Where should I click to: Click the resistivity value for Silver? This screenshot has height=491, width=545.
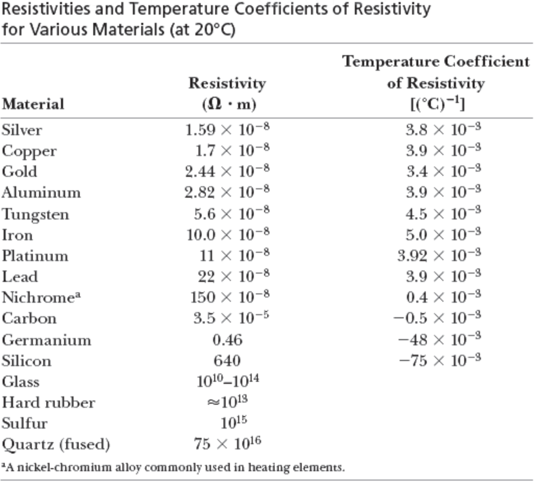(x=227, y=129)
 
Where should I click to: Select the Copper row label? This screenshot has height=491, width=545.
(x=29, y=151)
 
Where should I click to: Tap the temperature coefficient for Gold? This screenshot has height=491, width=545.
(x=443, y=171)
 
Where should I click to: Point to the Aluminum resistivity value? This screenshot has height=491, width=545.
(x=227, y=192)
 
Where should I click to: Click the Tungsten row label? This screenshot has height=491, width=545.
(x=35, y=214)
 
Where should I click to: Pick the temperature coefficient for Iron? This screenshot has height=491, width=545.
(x=443, y=235)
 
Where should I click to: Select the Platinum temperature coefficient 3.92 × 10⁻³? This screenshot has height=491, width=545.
(x=439, y=255)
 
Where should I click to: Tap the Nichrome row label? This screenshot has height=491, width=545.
(x=41, y=297)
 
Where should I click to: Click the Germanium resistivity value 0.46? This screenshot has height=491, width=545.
(x=227, y=340)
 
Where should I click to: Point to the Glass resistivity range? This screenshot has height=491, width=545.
(x=228, y=381)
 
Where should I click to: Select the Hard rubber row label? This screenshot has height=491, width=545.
(x=48, y=402)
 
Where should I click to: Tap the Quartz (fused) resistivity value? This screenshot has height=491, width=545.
(x=227, y=444)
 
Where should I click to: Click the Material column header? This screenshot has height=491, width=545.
(x=33, y=104)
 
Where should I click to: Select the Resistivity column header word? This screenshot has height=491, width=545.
(x=227, y=83)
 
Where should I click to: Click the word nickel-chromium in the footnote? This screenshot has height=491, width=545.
(x=77, y=467)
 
